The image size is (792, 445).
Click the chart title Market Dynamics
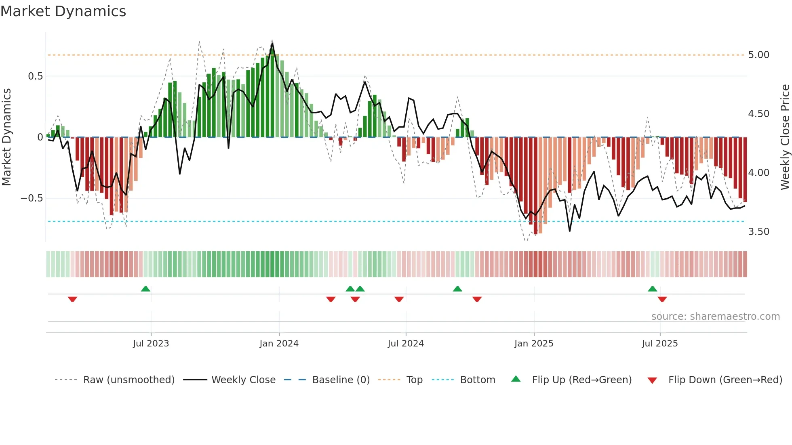point(63,11)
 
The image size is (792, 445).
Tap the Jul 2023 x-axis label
point(151,344)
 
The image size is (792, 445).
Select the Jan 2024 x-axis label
point(279,344)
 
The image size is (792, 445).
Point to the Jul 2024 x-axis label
point(406,344)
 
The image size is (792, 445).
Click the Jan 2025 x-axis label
point(534,344)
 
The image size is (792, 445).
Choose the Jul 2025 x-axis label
point(660,344)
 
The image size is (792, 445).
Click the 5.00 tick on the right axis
point(758,55)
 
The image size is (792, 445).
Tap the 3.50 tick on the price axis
point(758,232)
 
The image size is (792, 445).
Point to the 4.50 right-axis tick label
point(758,114)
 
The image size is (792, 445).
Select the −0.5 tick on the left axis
point(32,198)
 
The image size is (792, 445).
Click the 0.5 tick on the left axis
point(35,76)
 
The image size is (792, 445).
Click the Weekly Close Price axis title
point(785,137)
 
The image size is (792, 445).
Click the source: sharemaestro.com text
point(715,317)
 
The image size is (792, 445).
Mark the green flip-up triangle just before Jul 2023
point(145,289)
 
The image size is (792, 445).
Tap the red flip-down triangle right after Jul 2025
point(662,299)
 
